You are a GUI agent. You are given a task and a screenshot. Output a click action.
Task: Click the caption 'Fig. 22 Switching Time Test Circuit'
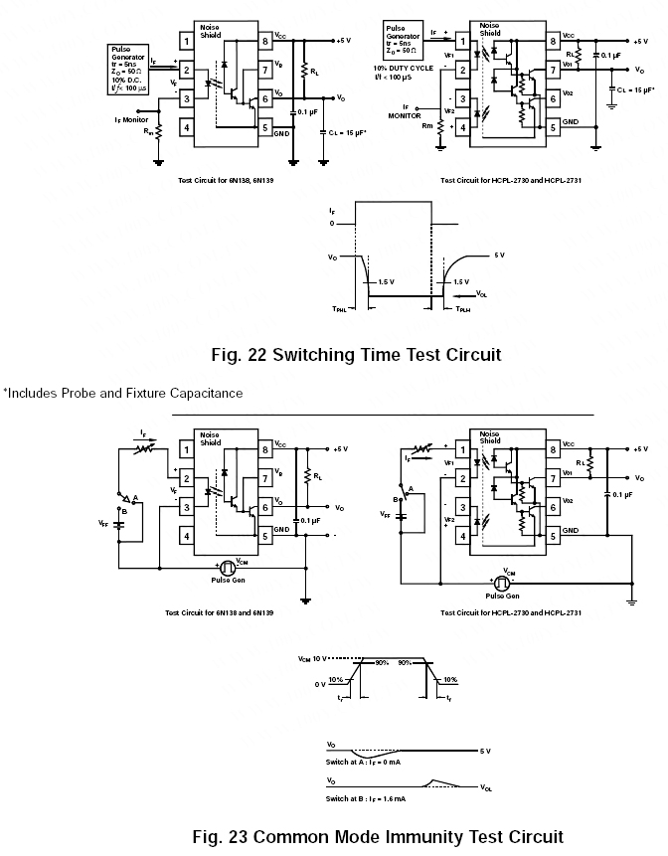(356, 354)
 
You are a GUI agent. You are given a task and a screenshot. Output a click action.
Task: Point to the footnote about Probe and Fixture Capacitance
(122, 393)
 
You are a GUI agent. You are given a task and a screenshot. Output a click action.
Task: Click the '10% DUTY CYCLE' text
(403, 68)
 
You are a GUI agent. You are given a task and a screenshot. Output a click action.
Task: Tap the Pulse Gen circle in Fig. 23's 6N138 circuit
(227, 567)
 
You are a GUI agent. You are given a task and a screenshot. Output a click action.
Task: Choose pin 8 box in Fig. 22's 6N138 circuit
(265, 41)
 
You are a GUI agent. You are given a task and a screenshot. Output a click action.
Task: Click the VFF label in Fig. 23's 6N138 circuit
(103, 521)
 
